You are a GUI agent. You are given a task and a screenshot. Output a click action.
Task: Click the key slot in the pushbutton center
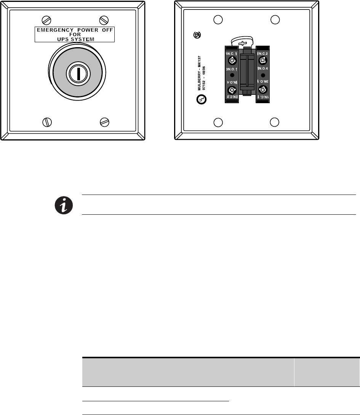pyautogui.click(x=77, y=73)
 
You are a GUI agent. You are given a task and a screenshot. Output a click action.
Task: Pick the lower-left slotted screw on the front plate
pyautogui.click(x=46, y=122)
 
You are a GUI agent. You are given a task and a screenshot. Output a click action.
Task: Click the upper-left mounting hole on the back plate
pyautogui.click(x=218, y=19)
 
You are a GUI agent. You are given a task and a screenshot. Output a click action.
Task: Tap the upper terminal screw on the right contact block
pyautogui.click(x=262, y=60)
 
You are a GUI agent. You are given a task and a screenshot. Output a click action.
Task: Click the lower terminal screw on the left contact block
pyautogui.click(x=231, y=90)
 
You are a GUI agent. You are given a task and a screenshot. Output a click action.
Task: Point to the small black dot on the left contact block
pyautogui.click(x=231, y=75)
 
